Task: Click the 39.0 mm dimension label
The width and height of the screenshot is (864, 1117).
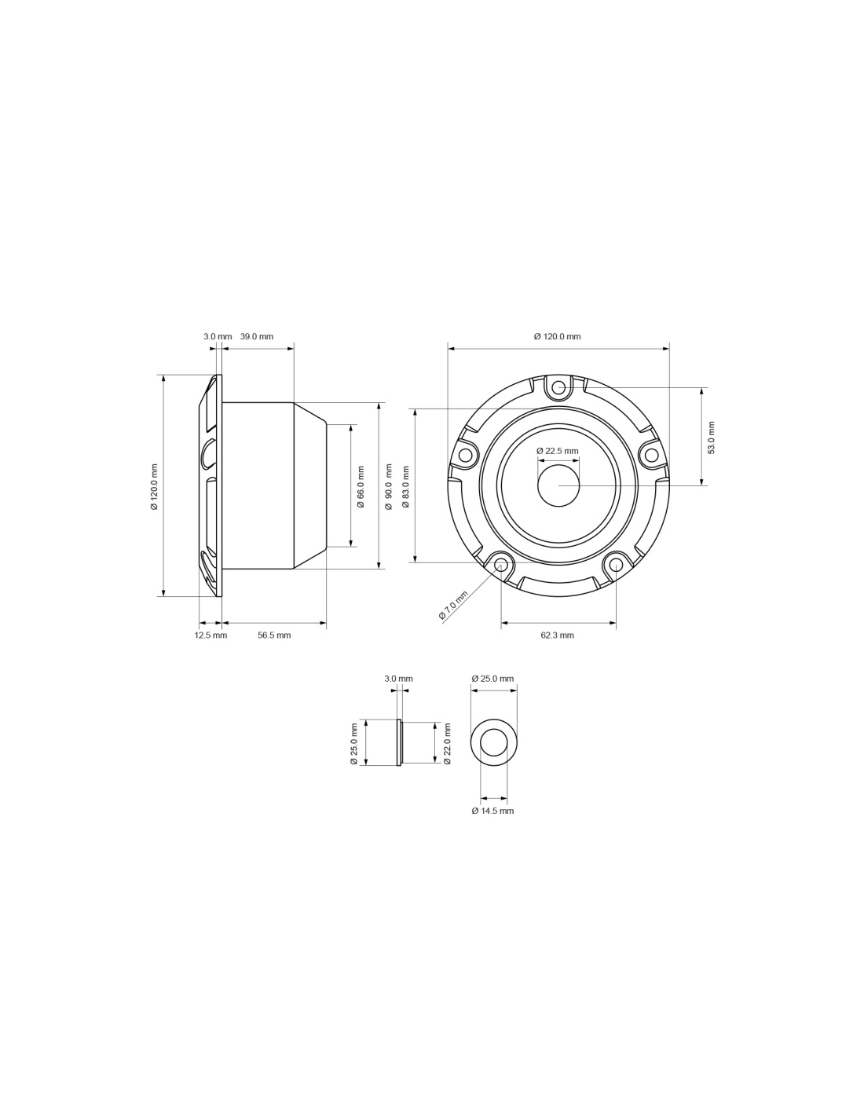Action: point(257,337)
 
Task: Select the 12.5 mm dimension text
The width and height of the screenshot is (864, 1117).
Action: point(211,635)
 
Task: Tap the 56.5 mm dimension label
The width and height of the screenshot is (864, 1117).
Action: point(274,635)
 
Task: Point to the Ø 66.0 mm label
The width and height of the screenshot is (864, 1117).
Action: point(361,486)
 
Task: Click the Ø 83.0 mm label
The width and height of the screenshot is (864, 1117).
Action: point(405,486)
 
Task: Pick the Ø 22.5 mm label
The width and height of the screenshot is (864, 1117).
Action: point(557,451)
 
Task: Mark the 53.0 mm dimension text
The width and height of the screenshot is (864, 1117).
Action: point(712,438)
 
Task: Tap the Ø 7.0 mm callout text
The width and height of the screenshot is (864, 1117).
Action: point(453,605)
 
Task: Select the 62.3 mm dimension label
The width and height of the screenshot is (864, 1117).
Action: point(557,635)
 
